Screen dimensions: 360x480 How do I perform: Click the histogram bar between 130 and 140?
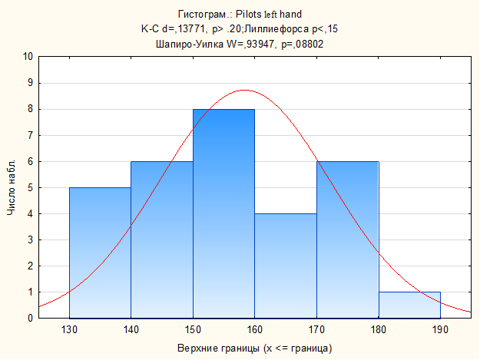coord(100,253)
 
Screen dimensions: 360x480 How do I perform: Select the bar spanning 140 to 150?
coord(161,239)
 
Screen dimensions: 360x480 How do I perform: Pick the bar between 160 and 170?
coord(285,266)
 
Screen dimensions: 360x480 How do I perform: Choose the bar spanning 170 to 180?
coord(347,239)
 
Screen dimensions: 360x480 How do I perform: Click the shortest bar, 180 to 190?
coord(409,305)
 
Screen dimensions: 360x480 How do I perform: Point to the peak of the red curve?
coord(244,90)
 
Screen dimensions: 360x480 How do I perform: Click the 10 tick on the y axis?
coord(28,57)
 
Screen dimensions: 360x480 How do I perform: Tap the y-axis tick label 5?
coord(29,188)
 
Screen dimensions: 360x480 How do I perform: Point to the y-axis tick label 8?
coord(29,109)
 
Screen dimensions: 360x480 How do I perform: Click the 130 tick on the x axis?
coord(69,331)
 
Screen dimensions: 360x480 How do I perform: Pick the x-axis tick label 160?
coord(254,331)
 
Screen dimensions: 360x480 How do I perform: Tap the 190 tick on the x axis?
coord(440,331)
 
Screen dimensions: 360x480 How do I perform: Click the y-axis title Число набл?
coord(11,188)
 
